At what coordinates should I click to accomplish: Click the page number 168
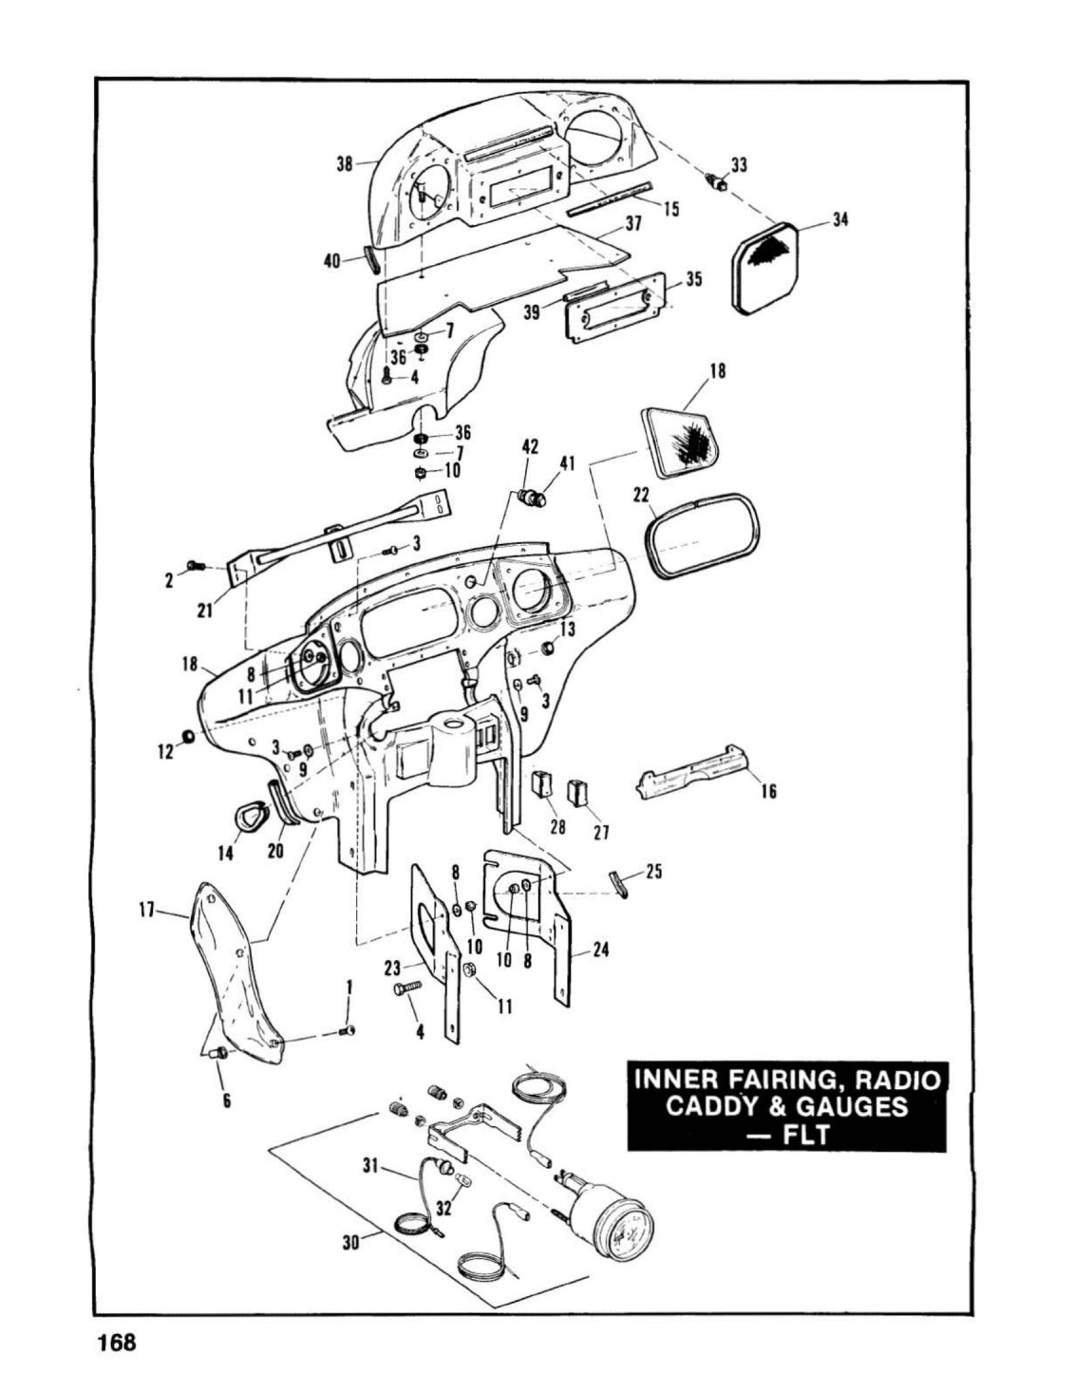tap(117, 1359)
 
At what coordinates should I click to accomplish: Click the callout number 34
tap(840, 219)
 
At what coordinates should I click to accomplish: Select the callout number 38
tap(345, 164)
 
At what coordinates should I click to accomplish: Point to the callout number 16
tap(769, 792)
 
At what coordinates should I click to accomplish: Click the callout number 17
tap(147, 911)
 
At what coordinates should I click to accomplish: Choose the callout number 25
tap(654, 872)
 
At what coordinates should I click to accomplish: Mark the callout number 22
tap(642, 495)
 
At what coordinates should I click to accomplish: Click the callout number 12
tap(166, 752)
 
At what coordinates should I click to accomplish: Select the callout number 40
tap(331, 261)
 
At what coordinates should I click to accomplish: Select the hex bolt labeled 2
tap(196, 566)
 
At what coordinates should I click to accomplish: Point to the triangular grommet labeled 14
tap(245, 815)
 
